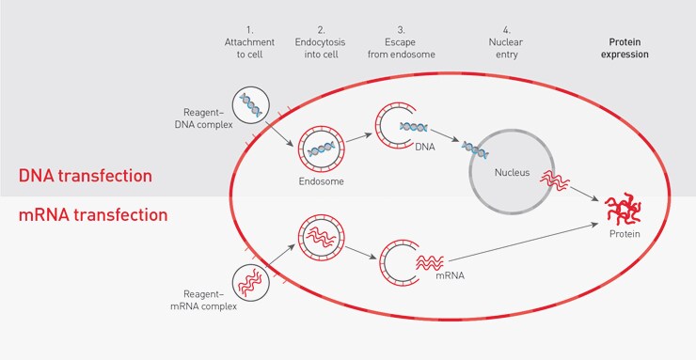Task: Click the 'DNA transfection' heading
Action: (86, 176)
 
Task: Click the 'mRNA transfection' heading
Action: (93, 215)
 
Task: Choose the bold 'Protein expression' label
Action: (625, 48)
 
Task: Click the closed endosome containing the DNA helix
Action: (320, 147)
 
